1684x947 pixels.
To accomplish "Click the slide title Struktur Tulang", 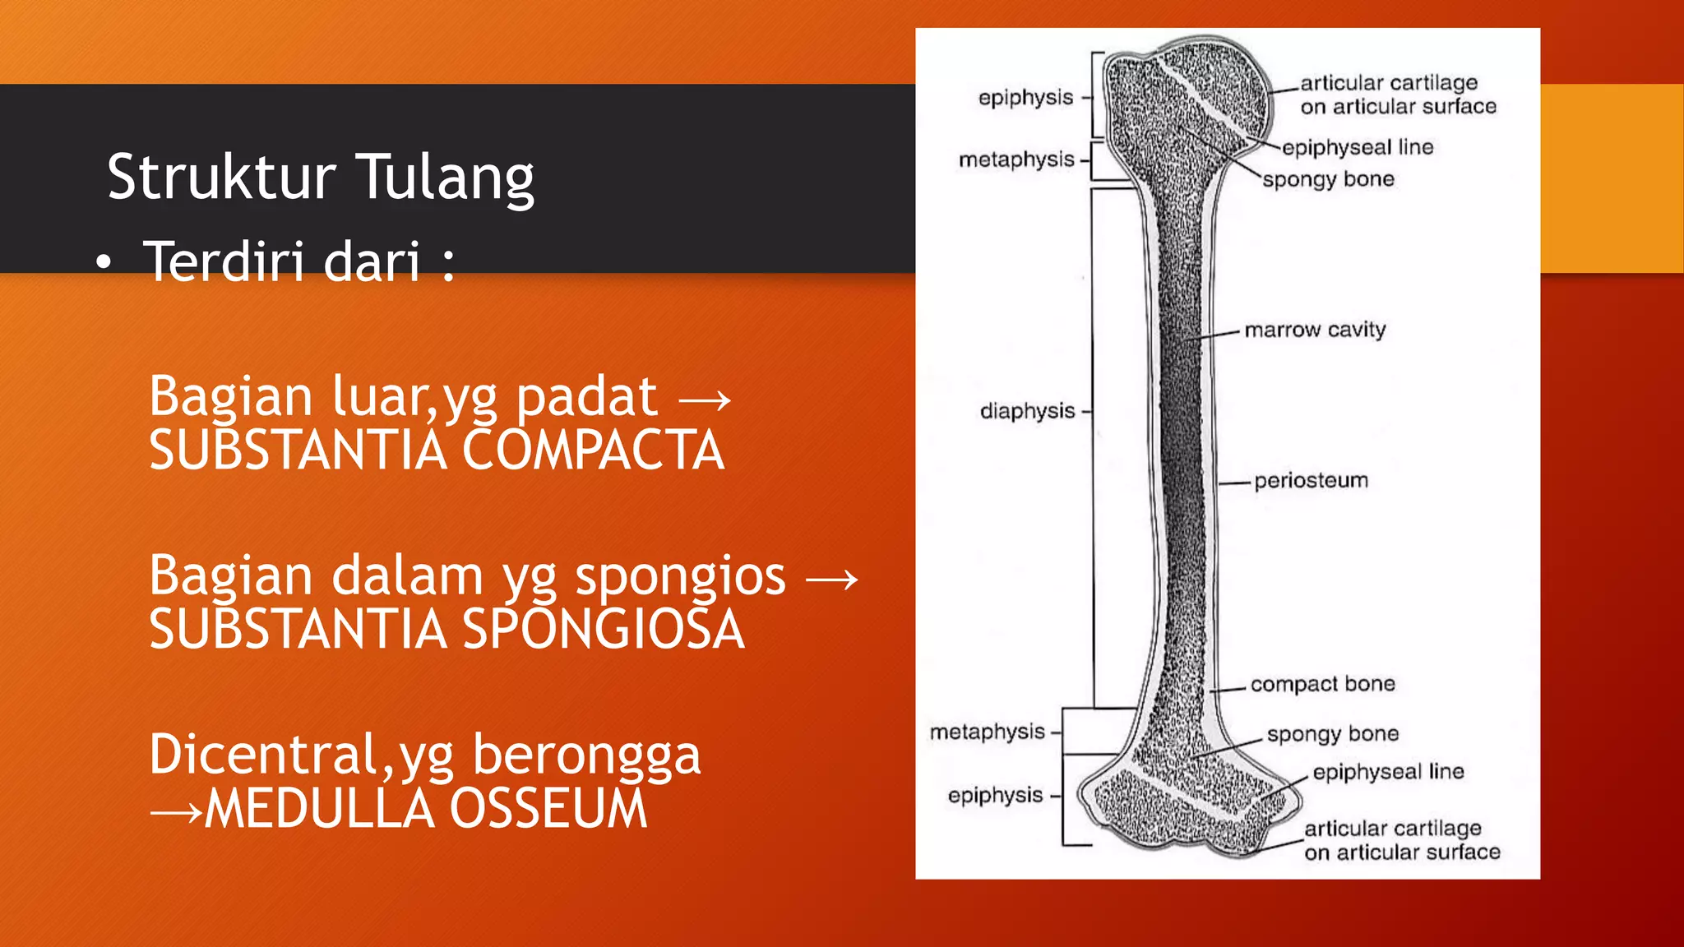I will pos(321,177).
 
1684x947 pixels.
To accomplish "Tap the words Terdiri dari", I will pos(282,261).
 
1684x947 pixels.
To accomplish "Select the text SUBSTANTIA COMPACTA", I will pos(437,450).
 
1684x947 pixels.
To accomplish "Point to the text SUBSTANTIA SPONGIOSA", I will pos(446,630).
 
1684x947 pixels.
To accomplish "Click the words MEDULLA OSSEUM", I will pos(426,809).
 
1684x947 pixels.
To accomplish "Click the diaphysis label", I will pos(1027,411).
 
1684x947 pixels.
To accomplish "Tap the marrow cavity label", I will pos(1315,330).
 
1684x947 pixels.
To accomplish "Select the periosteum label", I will pos(1311,481).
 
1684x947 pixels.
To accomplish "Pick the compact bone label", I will pos(1322,684).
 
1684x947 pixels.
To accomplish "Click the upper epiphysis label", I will pos(1025,98).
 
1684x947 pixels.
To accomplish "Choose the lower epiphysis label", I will pos(995,796).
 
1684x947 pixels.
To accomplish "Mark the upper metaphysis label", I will pos(1016,159).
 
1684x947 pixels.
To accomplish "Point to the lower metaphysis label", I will pos(987,732).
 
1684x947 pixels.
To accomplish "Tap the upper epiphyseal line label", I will pos(1357,148).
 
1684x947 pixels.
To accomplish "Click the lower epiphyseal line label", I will pos(1388,772).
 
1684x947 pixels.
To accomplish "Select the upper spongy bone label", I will pos(1328,180).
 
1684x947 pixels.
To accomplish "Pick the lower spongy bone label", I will pos(1332,734).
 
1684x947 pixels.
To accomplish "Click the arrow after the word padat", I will pos(705,400).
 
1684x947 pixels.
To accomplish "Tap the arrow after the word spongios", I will pos(831,580).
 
